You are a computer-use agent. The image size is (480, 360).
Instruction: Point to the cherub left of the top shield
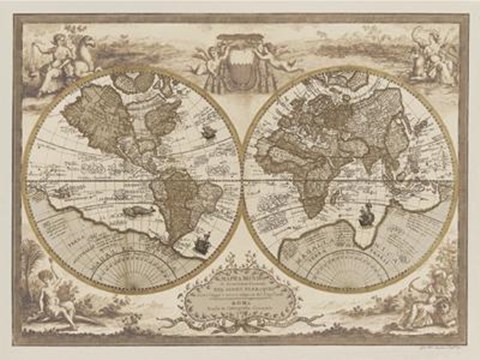pos(208,56)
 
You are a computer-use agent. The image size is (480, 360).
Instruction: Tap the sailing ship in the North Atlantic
pos(208,131)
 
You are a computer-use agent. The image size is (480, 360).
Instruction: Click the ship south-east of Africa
pos(367,209)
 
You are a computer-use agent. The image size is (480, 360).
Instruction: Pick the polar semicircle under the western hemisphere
pos(132,268)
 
